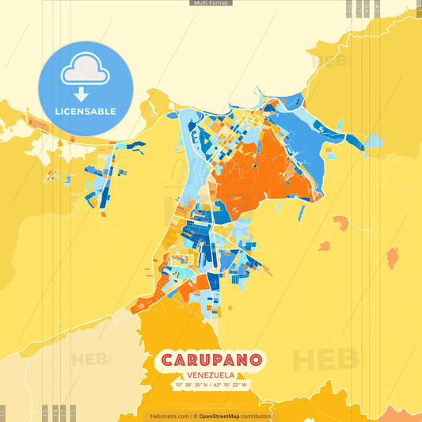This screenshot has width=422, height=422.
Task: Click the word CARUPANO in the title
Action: tap(211, 359)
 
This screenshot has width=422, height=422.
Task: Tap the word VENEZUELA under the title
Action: tap(211, 374)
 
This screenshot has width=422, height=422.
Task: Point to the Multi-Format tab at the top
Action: tap(211, 3)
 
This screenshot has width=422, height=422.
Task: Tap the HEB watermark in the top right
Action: tap(329, 60)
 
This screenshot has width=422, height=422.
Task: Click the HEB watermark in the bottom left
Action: tap(91, 359)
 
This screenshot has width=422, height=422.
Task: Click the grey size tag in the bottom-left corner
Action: tap(3, 412)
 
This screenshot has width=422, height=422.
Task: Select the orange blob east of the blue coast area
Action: tap(340, 222)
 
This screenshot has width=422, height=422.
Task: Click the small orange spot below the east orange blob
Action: tap(325, 246)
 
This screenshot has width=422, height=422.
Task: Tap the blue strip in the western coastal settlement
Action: tap(127, 147)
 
